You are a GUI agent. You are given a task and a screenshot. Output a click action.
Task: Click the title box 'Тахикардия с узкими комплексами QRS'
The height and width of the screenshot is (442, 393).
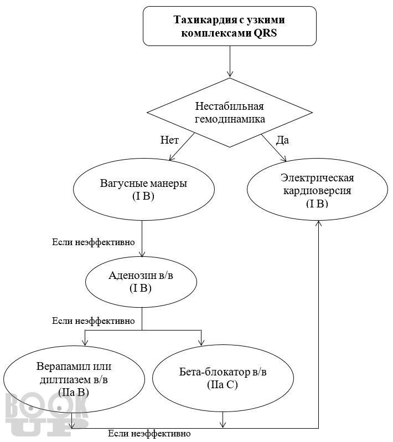[230, 26]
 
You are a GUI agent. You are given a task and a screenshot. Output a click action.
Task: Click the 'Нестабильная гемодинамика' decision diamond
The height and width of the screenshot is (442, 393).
[230, 113]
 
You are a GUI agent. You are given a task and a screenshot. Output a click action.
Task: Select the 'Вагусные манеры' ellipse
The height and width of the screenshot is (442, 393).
[144, 189]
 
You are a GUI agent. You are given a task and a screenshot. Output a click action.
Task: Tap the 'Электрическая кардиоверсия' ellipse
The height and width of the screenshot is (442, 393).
[317, 190]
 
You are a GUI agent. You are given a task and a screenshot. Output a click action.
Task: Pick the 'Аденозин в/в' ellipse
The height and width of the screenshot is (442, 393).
[141, 282]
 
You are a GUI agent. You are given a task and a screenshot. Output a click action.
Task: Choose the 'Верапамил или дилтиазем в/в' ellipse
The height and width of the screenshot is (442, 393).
[74, 379]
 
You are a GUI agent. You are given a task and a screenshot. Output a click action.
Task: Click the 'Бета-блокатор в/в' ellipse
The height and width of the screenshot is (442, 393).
[223, 378]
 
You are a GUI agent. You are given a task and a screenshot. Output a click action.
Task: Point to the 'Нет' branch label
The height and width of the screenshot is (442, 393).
[169, 140]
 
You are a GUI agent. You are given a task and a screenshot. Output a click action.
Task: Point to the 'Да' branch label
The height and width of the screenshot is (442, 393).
[282, 140]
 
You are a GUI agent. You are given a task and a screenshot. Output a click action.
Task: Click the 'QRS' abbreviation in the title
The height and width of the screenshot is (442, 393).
[265, 33]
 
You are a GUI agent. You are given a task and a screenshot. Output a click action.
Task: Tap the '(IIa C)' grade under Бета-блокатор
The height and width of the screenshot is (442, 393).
[223, 385]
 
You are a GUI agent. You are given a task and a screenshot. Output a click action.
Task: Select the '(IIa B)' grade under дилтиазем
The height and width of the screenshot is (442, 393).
[74, 393]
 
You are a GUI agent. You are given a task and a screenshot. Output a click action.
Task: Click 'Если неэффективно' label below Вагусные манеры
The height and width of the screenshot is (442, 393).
[94, 242]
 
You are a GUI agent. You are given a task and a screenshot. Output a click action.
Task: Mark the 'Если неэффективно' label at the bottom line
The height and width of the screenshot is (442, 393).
[149, 433]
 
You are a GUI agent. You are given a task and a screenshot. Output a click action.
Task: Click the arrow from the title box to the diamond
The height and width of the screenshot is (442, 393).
[230, 62]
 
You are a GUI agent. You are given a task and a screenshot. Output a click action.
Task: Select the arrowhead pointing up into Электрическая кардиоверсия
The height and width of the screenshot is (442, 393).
[318, 223]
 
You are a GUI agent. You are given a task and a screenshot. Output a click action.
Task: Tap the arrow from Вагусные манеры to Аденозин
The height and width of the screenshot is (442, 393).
[142, 239]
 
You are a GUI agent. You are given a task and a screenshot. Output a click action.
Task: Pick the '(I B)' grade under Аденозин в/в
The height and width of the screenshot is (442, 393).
[141, 288]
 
